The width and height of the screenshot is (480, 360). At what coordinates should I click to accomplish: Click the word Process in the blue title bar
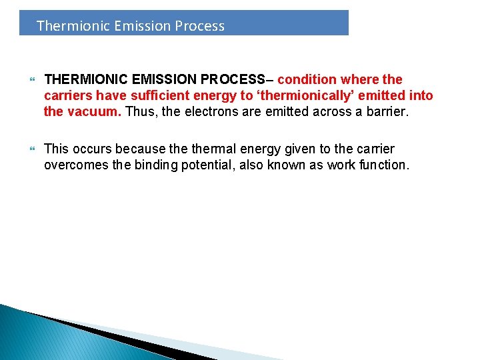[x=199, y=26]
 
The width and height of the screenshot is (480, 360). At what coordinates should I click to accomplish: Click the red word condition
[x=309, y=79]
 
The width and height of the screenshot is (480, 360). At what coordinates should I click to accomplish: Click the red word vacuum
[x=93, y=111]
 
